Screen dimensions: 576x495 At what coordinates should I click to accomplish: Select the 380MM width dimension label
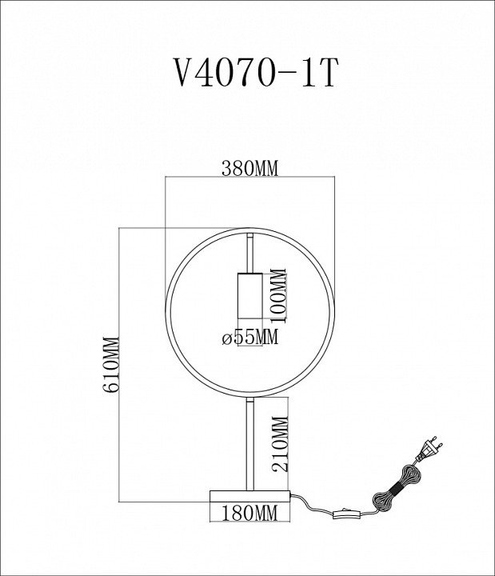[249, 169]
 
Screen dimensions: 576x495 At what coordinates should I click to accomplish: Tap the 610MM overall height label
[112, 366]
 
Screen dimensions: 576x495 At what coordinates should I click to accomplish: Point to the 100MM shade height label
[277, 293]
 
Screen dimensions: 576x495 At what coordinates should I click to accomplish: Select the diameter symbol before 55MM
[226, 338]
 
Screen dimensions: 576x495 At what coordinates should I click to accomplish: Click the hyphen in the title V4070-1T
[281, 78]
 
